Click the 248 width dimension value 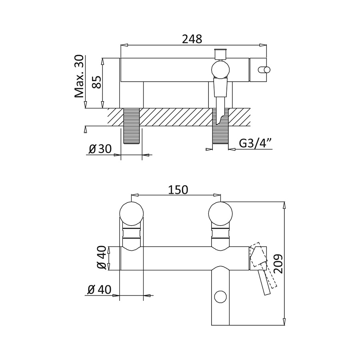[x=192, y=39]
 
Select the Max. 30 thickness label [x=79, y=76]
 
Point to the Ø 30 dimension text [x=100, y=149]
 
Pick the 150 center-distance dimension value [x=178, y=190]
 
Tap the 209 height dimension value [x=278, y=264]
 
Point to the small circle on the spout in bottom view [x=220, y=297]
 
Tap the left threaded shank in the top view [x=132, y=126]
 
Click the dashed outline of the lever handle [x=263, y=265]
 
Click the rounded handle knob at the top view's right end [x=264, y=70]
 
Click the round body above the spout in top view [x=220, y=70]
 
